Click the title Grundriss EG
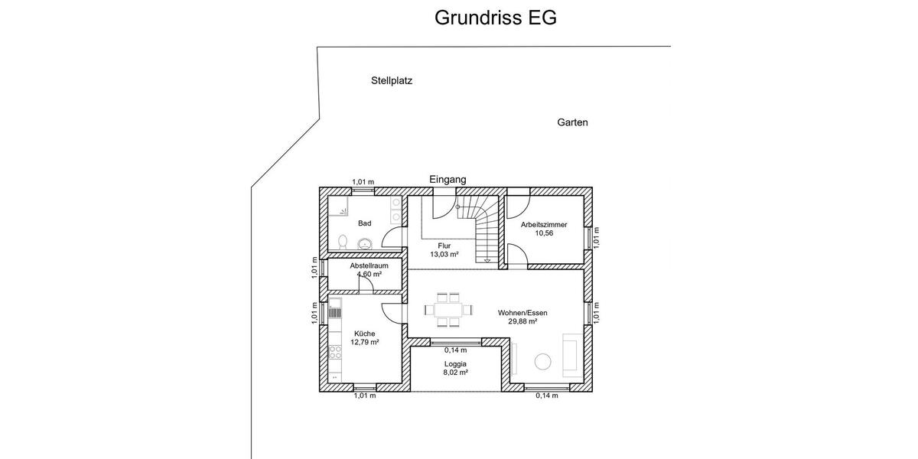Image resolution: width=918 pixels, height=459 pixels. click(495, 18)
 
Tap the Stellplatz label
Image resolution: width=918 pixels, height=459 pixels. click(392, 80)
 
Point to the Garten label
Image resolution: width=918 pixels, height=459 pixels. click(572, 122)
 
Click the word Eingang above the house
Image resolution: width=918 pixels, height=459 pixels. click(448, 179)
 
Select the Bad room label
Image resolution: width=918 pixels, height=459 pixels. click(365, 223)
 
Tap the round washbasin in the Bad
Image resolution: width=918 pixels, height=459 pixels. click(365, 243)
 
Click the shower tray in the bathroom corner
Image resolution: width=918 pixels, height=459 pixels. click(338, 207)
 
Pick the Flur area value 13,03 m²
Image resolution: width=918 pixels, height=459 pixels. click(444, 255)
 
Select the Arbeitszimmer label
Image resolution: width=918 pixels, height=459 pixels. click(544, 225)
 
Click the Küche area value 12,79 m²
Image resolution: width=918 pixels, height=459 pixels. click(365, 343)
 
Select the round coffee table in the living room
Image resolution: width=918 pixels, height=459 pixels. click(545, 361)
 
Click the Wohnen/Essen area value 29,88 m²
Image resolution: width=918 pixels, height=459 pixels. click(522, 322)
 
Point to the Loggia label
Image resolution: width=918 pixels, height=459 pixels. click(455, 364)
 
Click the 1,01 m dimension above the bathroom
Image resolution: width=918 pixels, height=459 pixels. click(363, 182)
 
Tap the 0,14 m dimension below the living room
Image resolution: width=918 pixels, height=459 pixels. click(546, 396)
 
